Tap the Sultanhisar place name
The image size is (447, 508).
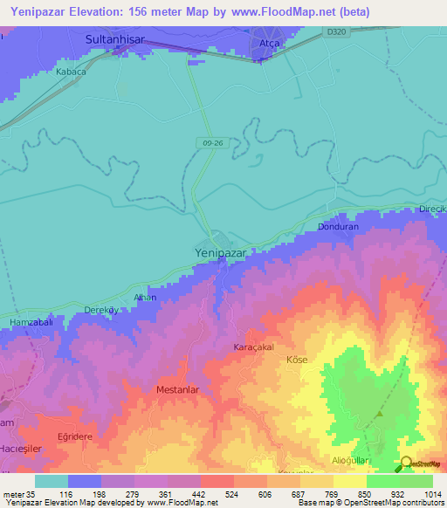click(120, 40)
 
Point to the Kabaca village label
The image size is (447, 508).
click(71, 72)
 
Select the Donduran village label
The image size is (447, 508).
click(337, 226)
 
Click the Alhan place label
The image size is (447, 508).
click(144, 298)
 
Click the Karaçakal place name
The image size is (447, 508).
click(255, 347)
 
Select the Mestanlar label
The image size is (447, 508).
click(180, 389)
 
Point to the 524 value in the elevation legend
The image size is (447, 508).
click(208, 494)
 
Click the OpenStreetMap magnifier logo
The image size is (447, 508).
click(407, 463)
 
